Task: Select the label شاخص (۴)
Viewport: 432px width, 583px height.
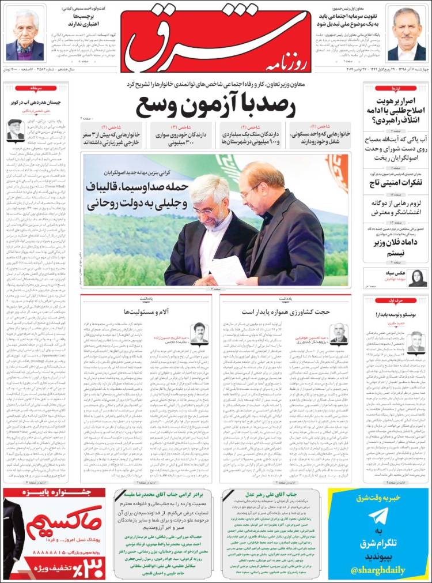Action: (x=112, y=126)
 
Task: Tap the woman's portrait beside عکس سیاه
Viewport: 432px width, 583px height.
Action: (x=417, y=277)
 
